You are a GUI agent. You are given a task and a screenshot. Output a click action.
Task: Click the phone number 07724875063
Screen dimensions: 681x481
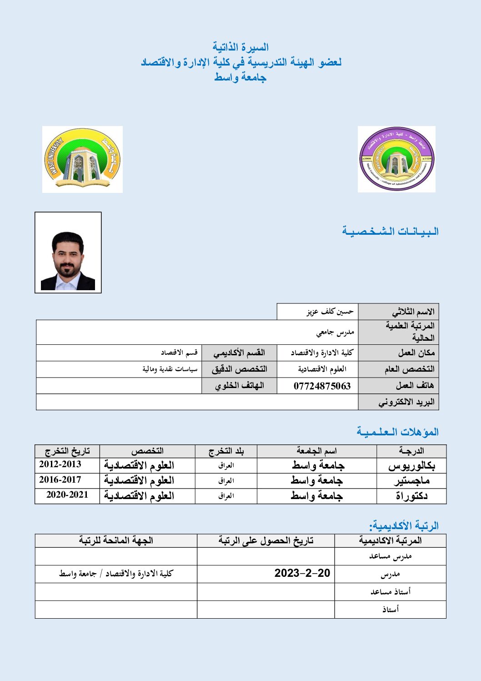click(322, 386)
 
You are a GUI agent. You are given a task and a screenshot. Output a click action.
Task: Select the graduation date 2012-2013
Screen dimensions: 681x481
click(60, 464)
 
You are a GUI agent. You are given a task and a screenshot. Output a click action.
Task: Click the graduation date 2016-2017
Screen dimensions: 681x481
click(60, 479)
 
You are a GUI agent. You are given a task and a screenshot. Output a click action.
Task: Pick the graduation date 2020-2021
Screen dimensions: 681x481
click(67, 495)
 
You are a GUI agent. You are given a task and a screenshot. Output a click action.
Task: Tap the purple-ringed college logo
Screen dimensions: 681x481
click(396, 159)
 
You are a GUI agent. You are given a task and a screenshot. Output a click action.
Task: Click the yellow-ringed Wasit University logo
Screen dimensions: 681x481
click(82, 159)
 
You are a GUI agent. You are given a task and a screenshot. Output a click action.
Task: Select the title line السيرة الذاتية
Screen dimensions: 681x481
click(240, 47)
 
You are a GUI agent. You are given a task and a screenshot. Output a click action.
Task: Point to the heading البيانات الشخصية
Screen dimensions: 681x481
click(390, 232)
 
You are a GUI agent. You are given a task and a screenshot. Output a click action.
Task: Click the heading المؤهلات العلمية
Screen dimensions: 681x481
click(397, 432)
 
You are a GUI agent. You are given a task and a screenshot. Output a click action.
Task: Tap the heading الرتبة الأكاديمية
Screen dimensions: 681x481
click(404, 526)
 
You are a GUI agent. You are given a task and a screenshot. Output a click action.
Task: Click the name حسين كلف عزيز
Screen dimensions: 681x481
click(330, 312)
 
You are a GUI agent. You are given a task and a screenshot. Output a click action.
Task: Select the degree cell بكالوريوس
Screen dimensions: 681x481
click(411, 466)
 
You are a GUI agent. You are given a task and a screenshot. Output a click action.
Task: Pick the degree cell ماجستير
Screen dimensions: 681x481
click(411, 481)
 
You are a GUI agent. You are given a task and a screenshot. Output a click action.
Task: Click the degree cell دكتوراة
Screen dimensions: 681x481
click(411, 496)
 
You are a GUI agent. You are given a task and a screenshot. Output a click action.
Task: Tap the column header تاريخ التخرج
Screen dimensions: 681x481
click(67, 451)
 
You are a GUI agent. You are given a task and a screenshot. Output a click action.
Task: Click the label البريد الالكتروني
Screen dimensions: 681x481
click(406, 402)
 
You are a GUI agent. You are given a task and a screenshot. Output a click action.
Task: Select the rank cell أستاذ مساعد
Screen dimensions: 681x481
click(390, 591)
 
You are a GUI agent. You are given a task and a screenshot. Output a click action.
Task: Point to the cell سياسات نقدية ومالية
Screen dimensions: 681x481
click(170, 369)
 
